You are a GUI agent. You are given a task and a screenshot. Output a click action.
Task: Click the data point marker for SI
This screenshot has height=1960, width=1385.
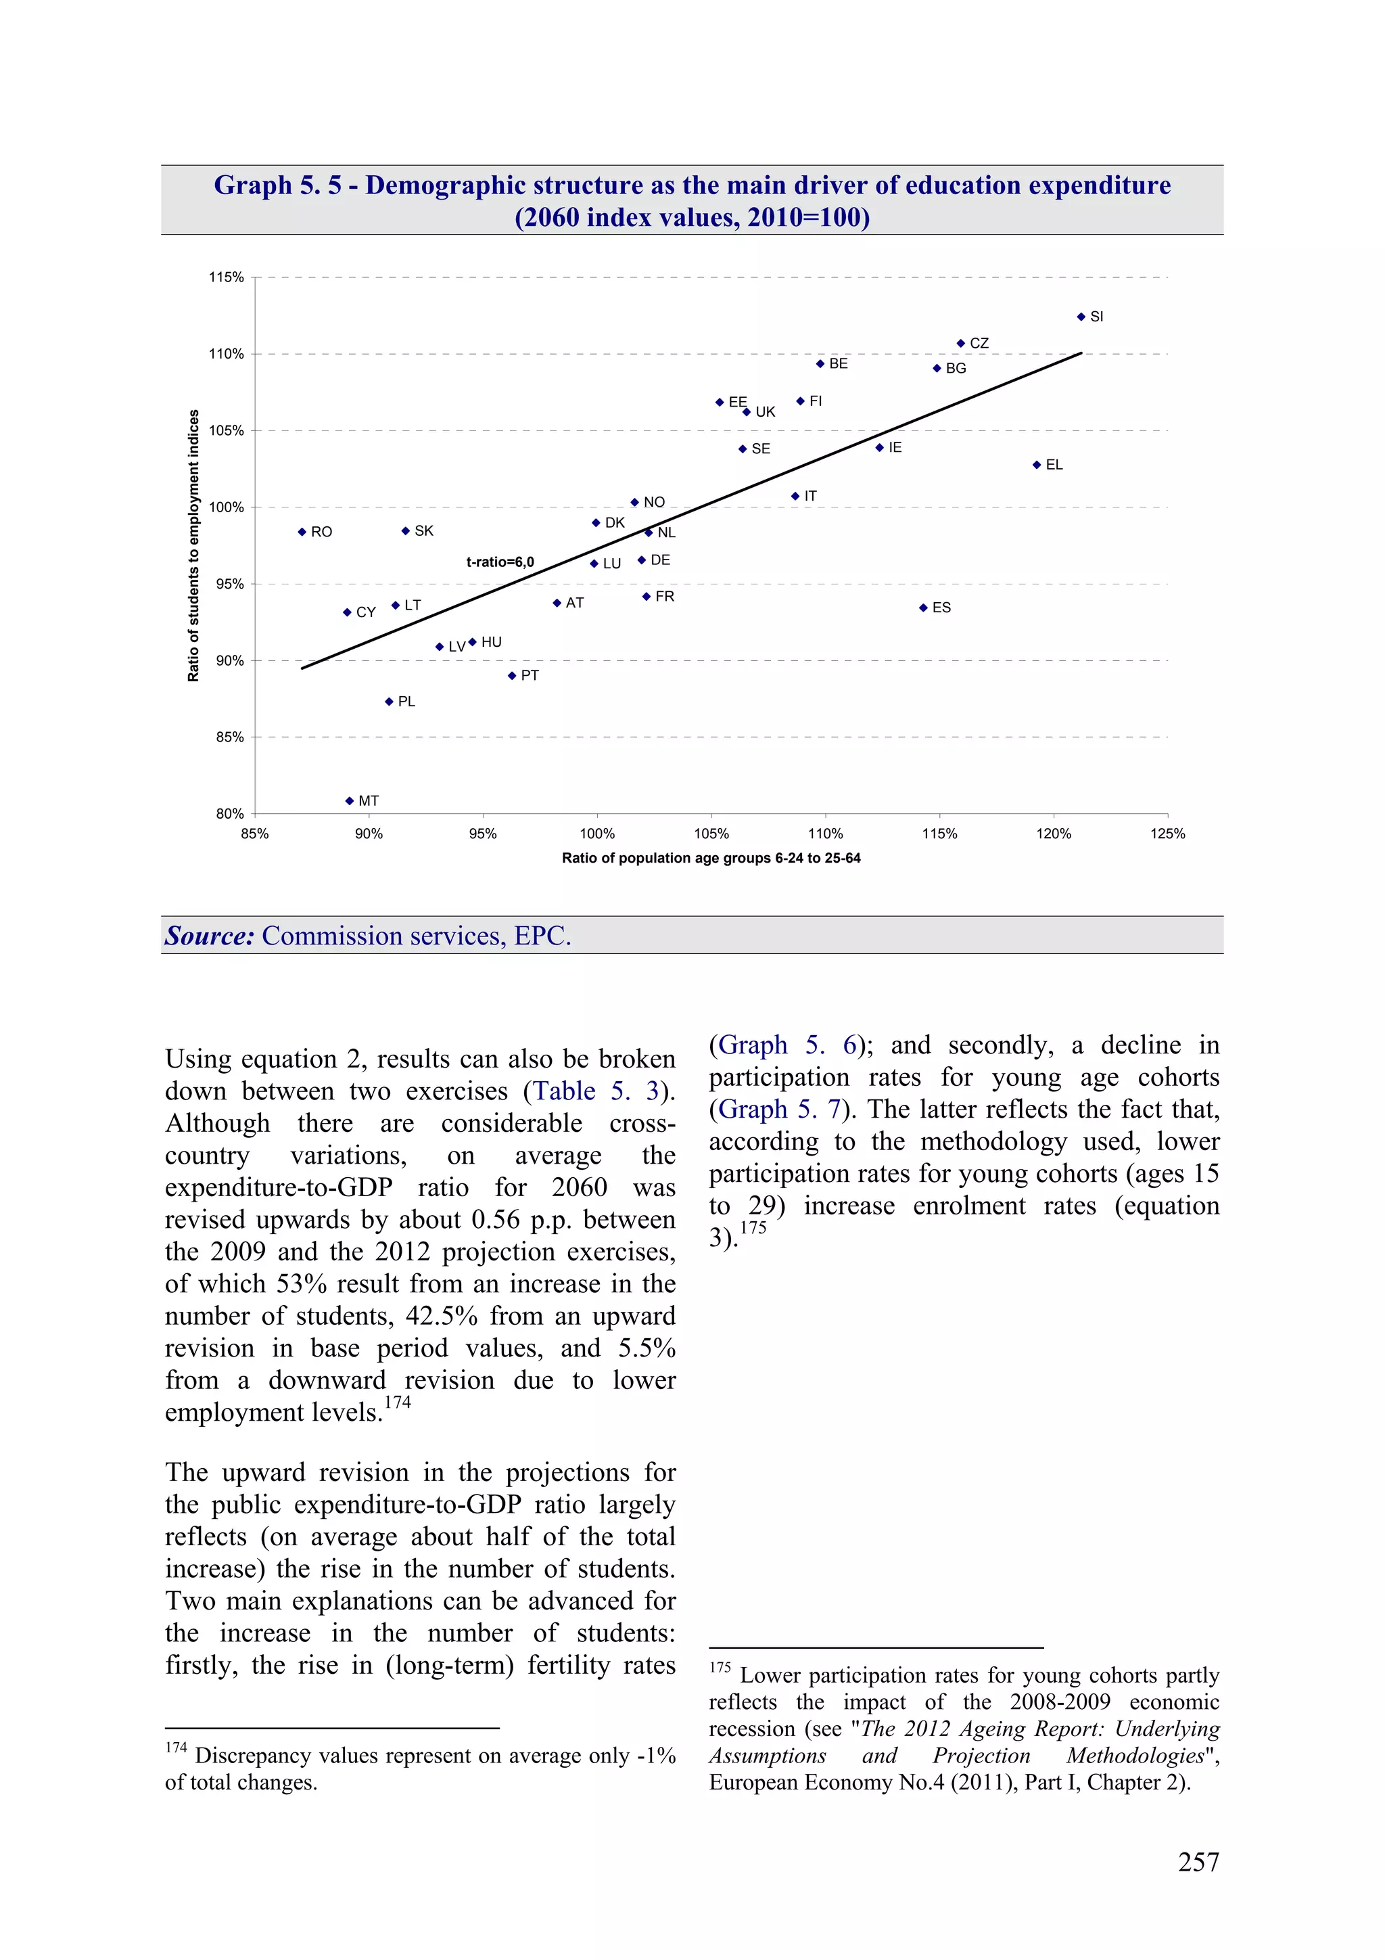pyautogui.click(x=1081, y=317)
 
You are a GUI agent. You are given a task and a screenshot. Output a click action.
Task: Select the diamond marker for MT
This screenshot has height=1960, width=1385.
pyautogui.click(x=349, y=801)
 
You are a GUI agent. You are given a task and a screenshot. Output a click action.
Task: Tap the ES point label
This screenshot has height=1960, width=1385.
pyautogui.click(x=941, y=608)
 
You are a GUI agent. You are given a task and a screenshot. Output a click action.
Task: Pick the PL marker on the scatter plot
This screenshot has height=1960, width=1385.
pyautogui.click(x=388, y=702)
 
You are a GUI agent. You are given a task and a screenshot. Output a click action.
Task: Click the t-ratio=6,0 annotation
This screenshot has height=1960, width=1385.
pyautogui.click(x=500, y=562)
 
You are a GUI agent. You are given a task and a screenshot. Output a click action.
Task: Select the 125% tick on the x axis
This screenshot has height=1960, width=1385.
pyautogui.click(x=1167, y=834)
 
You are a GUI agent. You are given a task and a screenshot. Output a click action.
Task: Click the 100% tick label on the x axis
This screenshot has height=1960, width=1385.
pyautogui.click(x=596, y=834)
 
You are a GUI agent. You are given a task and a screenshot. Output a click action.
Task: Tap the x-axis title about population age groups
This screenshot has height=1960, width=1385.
pyautogui.click(x=711, y=858)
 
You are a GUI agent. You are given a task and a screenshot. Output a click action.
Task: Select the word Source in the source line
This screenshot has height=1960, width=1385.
pyautogui.click(x=209, y=936)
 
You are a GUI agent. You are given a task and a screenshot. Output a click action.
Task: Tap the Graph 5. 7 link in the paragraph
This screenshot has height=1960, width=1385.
pyautogui.click(x=779, y=1109)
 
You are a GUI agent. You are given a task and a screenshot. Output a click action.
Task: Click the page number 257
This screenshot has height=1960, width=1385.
pyautogui.click(x=1198, y=1862)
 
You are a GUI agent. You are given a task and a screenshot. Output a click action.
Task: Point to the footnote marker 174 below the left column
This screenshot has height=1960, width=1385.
pyautogui.click(x=176, y=1748)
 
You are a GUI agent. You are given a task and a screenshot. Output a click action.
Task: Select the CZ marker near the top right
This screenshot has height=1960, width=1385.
pyautogui.click(x=960, y=343)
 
